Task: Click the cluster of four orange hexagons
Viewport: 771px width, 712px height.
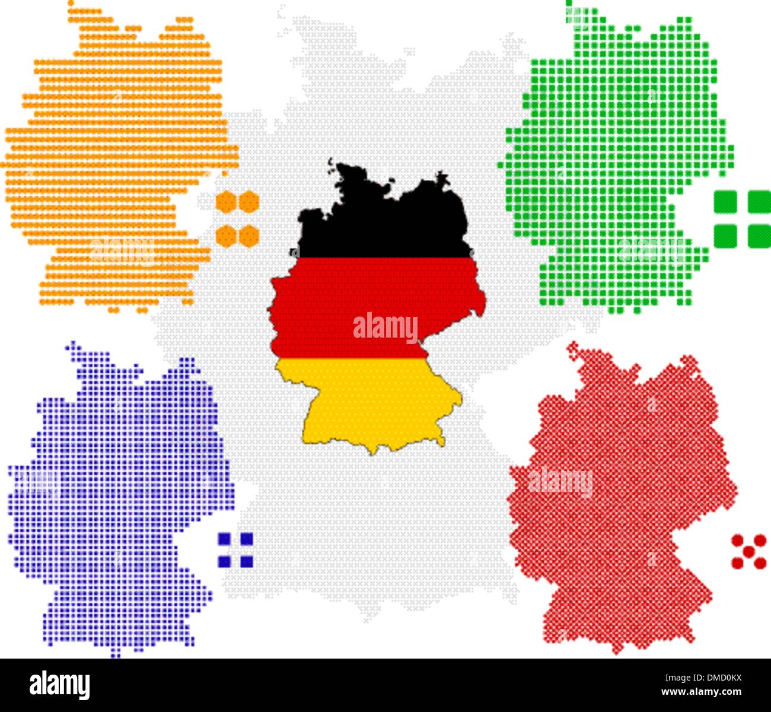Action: (237, 219)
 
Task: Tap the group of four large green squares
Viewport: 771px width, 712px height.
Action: (742, 219)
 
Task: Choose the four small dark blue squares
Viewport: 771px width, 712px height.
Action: (235, 550)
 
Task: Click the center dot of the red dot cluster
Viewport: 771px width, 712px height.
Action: (748, 552)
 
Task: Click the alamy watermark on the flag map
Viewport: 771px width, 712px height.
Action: (385, 328)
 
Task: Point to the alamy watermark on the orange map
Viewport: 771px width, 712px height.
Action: (122, 251)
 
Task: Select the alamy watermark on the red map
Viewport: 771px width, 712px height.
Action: (560, 482)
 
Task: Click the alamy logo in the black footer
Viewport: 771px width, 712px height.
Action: (60, 685)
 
